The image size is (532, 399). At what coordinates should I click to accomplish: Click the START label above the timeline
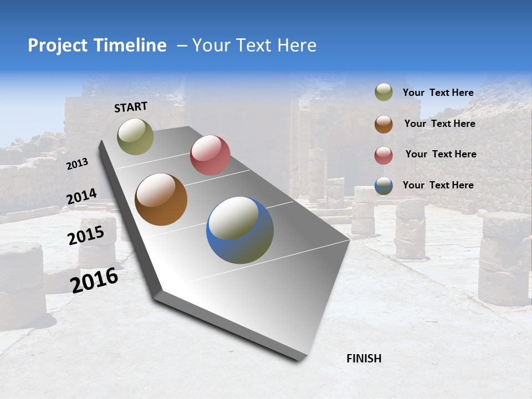[x=131, y=107]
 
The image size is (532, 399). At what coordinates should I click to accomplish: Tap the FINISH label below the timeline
[x=364, y=359]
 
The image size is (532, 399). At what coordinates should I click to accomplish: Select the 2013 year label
[x=78, y=164]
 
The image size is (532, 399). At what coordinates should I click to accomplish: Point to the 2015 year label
[x=86, y=236]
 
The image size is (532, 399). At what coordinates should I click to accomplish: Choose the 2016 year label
[x=94, y=280]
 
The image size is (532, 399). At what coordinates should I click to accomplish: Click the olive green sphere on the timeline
[x=135, y=136]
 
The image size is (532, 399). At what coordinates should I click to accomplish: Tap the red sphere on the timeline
[x=210, y=155]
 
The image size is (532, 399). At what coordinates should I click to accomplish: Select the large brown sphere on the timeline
[x=161, y=199]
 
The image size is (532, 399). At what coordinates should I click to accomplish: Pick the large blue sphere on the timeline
[x=240, y=230]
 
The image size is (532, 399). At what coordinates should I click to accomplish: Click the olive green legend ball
[x=383, y=93]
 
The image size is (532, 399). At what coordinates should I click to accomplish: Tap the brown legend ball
[x=383, y=124]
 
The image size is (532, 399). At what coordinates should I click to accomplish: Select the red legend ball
[x=383, y=155]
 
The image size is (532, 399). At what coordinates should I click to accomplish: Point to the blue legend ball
[x=383, y=186]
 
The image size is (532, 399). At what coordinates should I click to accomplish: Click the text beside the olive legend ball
[x=438, y=93]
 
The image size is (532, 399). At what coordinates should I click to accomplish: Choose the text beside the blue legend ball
[x=438, y=185]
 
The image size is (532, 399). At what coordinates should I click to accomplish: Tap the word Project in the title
[x=58, y=46]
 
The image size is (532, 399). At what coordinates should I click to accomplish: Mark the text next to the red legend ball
[x=441, y=154]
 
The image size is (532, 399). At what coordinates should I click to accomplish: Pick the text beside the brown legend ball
[x=439, y=124]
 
